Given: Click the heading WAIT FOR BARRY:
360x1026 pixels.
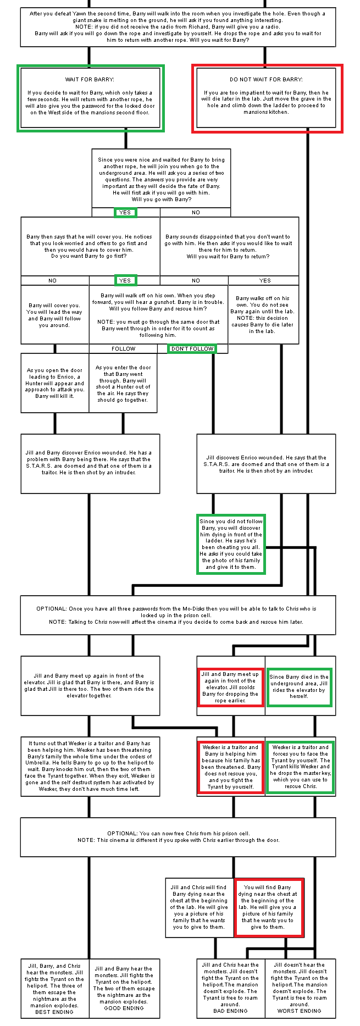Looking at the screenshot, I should (x=90, y=80).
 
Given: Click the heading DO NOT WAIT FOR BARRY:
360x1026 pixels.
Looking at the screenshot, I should (x=266, y=80).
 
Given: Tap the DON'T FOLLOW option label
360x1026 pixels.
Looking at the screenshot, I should (x=192, y=348).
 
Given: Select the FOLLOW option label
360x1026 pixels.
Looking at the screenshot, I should (x=123, y=348).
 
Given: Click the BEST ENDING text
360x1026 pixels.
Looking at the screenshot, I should (x=54, y=1012).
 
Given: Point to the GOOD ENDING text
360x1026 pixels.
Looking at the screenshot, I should (x=124, y=1008).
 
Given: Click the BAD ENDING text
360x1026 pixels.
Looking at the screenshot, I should (x=230, y=1011).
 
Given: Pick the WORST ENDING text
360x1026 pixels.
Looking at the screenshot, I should (x=300, y=1011).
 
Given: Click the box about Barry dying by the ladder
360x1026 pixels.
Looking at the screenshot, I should (x=231, y=544).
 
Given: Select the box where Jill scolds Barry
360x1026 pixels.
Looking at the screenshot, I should (x=230, y=687).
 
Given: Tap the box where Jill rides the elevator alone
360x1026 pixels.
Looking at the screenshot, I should (x=299, y=686).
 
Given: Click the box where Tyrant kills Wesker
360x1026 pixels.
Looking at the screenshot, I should (x=300, y=767).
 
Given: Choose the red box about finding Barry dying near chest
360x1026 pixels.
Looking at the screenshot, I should (x=269, y=907).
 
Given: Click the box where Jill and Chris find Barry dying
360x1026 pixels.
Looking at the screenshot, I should (x=199, y=907).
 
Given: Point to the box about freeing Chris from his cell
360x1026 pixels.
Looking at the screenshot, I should (x=178, y=836).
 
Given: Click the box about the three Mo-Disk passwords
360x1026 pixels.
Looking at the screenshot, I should (x=178, y=615).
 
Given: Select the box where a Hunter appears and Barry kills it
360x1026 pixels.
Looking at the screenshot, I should (x=54, y=383).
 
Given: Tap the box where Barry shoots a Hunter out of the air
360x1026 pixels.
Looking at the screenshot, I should (x=123, y=383).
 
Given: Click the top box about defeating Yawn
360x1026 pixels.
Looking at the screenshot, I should (x=178, y=27).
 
